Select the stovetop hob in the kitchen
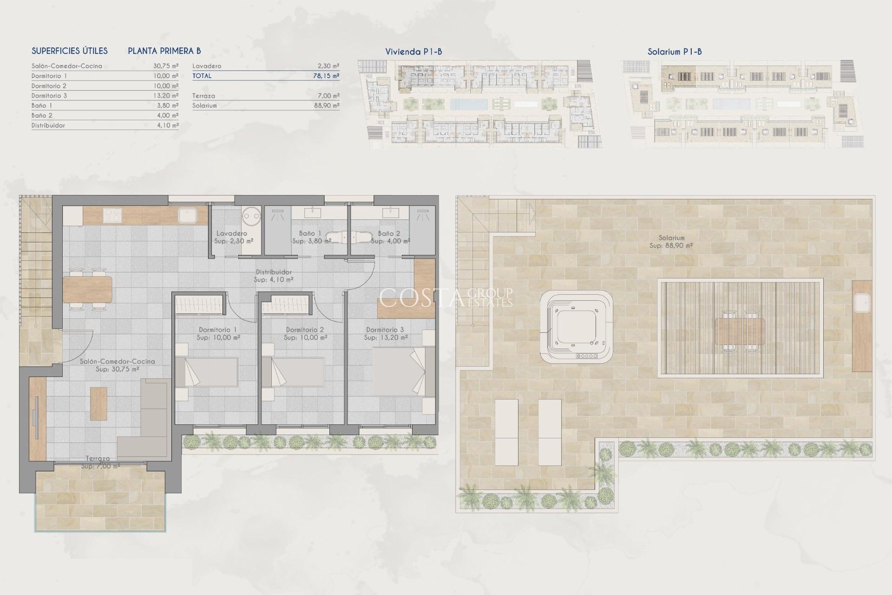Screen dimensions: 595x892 111,215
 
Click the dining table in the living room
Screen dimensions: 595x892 88,289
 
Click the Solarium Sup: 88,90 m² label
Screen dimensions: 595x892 671,241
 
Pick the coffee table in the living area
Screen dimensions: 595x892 98,403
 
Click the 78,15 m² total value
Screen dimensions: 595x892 326,76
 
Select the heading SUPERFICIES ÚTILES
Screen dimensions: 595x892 70,51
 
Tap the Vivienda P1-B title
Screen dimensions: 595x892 413,52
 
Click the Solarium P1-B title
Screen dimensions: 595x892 674,52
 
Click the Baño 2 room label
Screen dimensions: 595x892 389,234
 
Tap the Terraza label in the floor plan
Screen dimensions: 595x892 98,458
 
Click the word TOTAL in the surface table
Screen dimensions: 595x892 202,76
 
